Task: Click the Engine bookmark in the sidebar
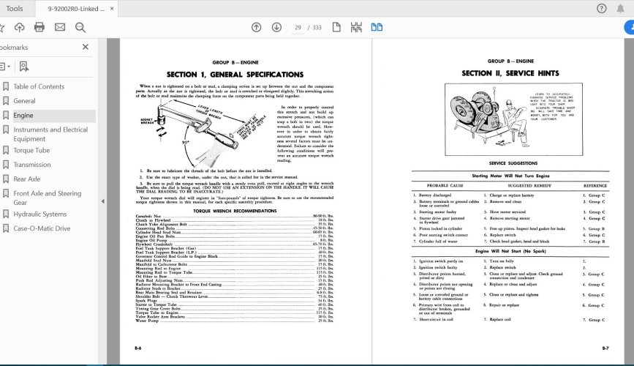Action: click(23, 116)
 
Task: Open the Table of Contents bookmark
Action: click(39, 86)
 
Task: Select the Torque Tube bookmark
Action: click(31, 150)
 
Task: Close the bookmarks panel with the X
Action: click(85, 47)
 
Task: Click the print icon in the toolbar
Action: click(39, 27)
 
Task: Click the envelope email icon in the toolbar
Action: click(59, 27)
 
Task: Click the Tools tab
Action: click(14, 8)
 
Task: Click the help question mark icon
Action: click(601, 8)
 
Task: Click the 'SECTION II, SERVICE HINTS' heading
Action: click(510, 74)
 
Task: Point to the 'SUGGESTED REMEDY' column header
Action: click(522, 185)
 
